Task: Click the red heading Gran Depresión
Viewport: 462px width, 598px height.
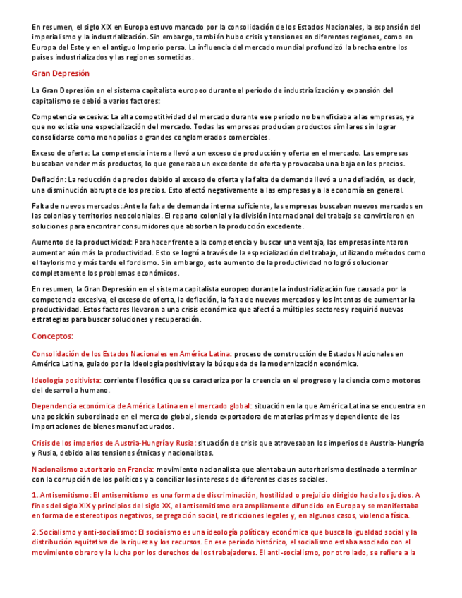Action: click(61, 73)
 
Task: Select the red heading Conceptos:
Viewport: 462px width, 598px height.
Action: click(53, 336)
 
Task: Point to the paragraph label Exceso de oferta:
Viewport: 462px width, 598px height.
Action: click(61, 152)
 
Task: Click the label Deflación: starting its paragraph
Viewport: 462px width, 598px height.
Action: click(49, 179)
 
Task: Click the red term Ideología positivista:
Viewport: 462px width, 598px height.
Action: click(66, 380)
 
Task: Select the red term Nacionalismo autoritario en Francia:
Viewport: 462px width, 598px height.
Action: click(92, 469)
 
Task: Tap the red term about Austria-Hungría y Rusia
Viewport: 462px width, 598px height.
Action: click(103, 443)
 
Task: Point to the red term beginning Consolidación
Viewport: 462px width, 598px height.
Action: click(131, 353)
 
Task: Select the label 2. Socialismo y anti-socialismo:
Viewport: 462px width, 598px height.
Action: click(84, 532)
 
